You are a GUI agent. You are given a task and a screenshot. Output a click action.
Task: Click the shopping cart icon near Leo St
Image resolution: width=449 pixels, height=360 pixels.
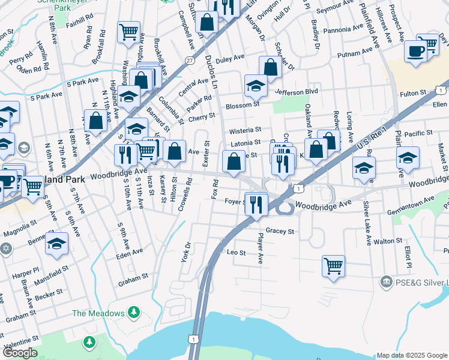pos(333,265)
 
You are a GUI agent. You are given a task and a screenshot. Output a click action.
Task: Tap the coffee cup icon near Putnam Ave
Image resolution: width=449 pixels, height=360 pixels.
pos(415,51)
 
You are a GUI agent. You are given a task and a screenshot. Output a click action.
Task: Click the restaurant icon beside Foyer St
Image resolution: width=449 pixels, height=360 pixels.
pos(256,203)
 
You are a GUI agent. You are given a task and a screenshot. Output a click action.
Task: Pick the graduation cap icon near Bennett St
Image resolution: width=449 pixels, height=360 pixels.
pos(57,243)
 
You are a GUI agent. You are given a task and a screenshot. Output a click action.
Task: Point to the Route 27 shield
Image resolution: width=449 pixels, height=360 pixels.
pos(190,60)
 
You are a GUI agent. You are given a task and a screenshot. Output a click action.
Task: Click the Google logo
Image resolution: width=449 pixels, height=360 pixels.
pos(20,353)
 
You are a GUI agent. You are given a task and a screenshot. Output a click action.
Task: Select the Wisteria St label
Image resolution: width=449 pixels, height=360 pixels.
pos(244,130)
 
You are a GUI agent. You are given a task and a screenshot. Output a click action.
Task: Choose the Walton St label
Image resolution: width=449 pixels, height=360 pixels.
pos(387,241)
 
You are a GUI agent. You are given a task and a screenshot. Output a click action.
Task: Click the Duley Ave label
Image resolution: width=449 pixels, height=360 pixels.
pos(231,58)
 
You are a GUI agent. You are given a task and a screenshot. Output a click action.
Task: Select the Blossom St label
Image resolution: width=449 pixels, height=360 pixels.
pos(242,106)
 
